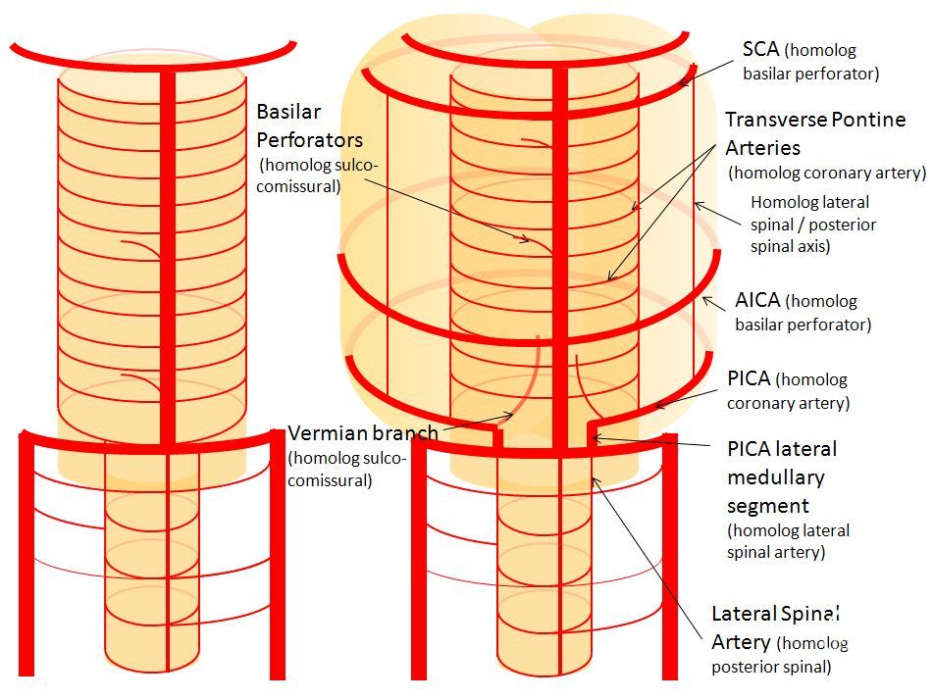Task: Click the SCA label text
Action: click(760, 49)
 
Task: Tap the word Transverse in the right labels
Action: click(775, 120)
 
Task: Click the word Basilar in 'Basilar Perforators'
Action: click(288, 112)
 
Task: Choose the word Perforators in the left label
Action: click(309, 140)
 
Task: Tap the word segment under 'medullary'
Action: click(768, 506)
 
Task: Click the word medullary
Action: click(776, 477)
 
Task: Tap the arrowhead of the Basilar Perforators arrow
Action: click(526, 239)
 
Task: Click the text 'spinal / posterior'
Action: click(812, 225)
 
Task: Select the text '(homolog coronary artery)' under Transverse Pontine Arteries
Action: click(827, 174)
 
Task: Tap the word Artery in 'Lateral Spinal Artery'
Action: click(742, 642)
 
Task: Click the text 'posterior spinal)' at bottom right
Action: click(771, 667)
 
